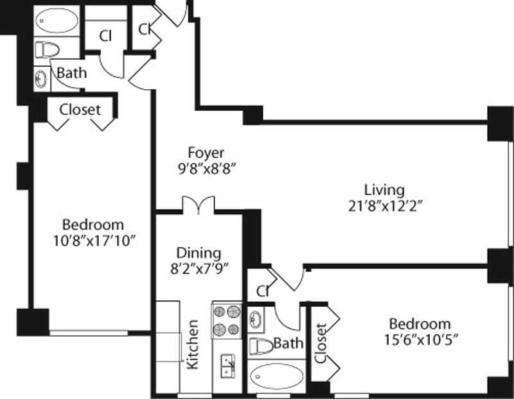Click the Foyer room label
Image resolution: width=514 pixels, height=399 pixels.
(206, 153)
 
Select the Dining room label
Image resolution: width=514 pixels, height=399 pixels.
(199, 253)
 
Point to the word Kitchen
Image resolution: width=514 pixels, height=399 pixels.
(193, 344)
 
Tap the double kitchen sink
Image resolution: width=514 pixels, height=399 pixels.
(227, 367)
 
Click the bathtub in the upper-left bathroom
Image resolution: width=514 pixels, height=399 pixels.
(57, 21)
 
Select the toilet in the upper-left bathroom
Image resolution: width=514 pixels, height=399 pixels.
(47, 49)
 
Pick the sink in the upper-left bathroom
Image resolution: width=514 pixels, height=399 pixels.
(41, 78)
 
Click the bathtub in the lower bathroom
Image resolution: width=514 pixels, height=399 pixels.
(276, 376)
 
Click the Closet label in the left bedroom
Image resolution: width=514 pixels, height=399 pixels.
(80, 110)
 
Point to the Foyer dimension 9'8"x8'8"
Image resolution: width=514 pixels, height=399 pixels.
(206, 169)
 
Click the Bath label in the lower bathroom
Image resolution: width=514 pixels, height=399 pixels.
(288, 344)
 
